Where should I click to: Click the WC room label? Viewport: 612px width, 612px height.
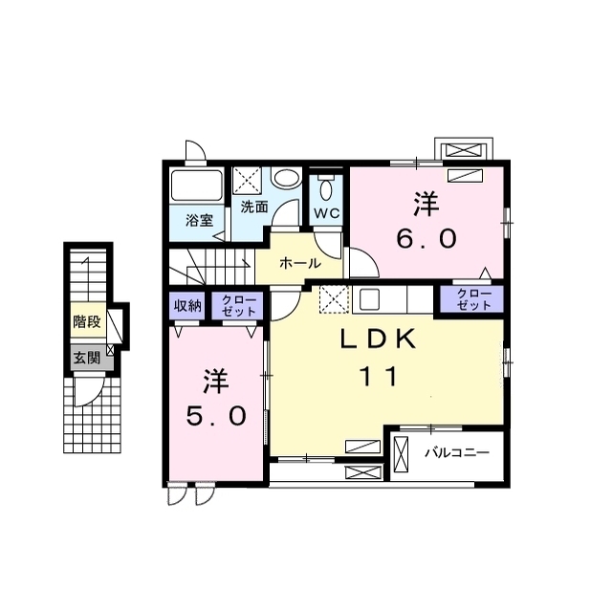(x=327, y=213)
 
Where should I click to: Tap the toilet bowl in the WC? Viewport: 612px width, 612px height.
(x=326, y=190)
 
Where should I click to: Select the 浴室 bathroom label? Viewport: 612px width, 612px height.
(x=199, y=221)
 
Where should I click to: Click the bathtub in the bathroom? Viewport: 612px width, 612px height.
(x=197, y=186)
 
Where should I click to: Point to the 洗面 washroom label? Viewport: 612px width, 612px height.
(x=254, y=207)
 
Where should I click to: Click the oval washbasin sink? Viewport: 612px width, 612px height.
(x=286, y=179)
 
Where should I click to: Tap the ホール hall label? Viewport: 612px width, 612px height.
(x=300, y=264)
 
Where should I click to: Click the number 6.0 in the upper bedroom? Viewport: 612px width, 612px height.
(x=426, y=238)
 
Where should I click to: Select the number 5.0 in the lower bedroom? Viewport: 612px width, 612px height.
(x=216, y=416)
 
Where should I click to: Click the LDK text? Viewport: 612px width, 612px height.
(x=378, y=339)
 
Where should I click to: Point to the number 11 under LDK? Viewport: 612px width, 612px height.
(x=379, y=376)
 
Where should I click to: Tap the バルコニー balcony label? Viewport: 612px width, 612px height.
(x=457, y=452)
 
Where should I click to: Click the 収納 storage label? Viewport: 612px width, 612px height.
(x=187, y=306)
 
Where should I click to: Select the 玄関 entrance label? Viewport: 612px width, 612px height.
(x=87, y=358)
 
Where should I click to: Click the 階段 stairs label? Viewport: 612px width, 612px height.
(x=87, y=322)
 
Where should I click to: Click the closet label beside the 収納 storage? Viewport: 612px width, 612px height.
(x=238, y=306)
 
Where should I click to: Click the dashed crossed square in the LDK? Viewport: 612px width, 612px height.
(x=334, y=299)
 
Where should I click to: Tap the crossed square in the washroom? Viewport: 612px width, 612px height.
(x=247, y=180)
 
